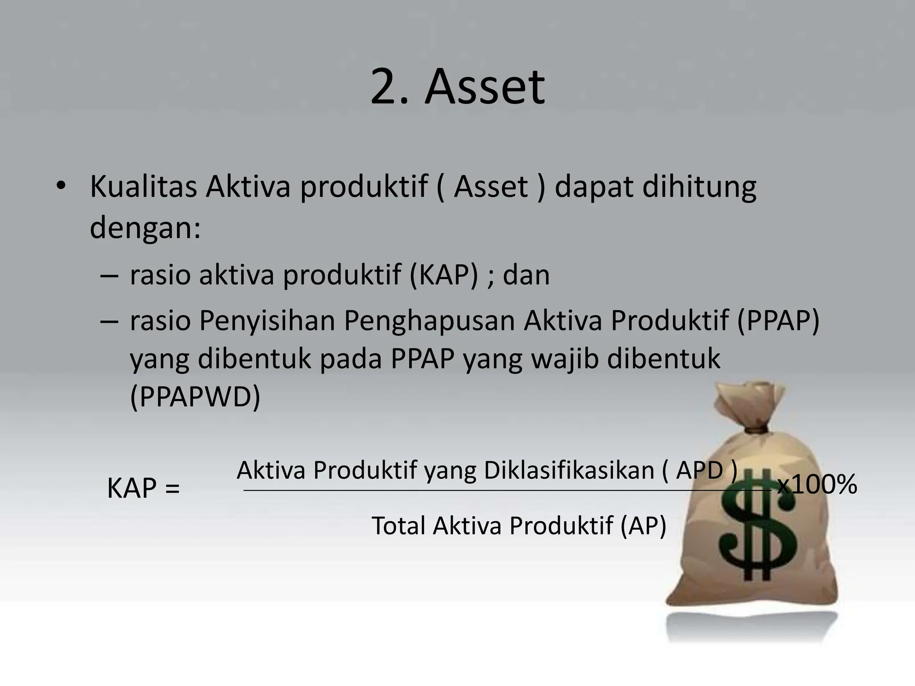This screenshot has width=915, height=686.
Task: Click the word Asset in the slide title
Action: pyautogui.click(x=485, y=87)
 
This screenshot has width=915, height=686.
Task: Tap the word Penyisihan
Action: pyautogui.click(x=267, y=321)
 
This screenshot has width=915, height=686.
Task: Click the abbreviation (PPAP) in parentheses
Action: pyautogui.click(x=778, y=321)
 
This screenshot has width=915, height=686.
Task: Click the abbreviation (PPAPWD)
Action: pyautogui.click(x=195, y=396)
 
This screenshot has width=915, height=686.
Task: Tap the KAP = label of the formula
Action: pyautogui.click(x=143, y=488)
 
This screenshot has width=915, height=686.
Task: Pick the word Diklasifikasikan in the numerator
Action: pyautogui.click(x=569, y=470)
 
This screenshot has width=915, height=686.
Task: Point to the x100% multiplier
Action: pyautogui.click(x=817, y=485)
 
